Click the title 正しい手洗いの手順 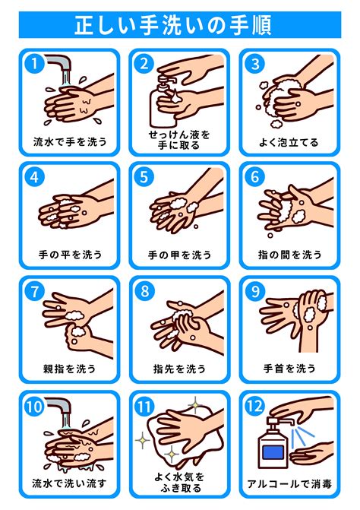tap(173, 25)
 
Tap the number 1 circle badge tap(34, 63)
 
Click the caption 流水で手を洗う tap(70, 141)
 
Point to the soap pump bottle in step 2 tap(163, 103)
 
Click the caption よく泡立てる tap(289, 142)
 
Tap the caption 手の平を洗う tap(70, 255)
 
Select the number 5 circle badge tap(144, 177)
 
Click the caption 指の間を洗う tap(290, 255)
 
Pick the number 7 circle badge tap(34, 291)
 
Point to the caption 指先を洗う tap(180, 369)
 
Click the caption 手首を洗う tap(289, 368)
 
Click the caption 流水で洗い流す tap(69, 483)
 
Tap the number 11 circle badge tap(144, 406)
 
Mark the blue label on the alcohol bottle tap(273, 452)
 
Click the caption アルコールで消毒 tap(289, 483)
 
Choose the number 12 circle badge tap(254, 406)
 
